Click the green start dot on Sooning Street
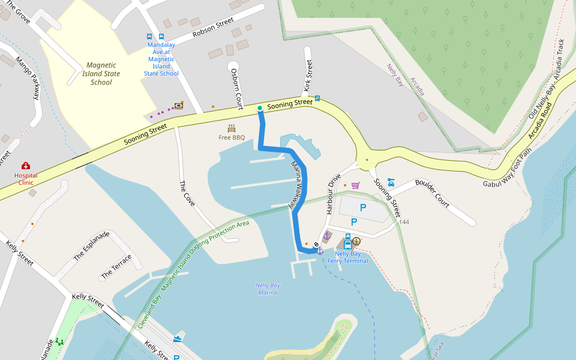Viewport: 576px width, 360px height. pos(260,108)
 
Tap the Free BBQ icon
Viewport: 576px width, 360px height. pos(232,128)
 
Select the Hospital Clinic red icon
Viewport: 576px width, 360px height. pos(26,166)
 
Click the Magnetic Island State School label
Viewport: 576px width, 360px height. pos(101,74)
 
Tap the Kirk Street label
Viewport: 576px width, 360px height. pos(308,76)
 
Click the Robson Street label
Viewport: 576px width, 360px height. pos(213,28)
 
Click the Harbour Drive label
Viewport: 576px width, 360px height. pos(334,194)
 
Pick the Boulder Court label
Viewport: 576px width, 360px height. pos(432,194)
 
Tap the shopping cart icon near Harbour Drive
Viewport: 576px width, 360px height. pos(355,185)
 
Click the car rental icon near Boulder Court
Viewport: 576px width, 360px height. pos(391,181)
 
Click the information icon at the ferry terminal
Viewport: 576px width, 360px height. pos(356,241)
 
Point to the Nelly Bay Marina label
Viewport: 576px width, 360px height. pos(267,289)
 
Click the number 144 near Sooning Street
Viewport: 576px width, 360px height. pos(404,222)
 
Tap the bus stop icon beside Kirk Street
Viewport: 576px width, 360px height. pos(317,98)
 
